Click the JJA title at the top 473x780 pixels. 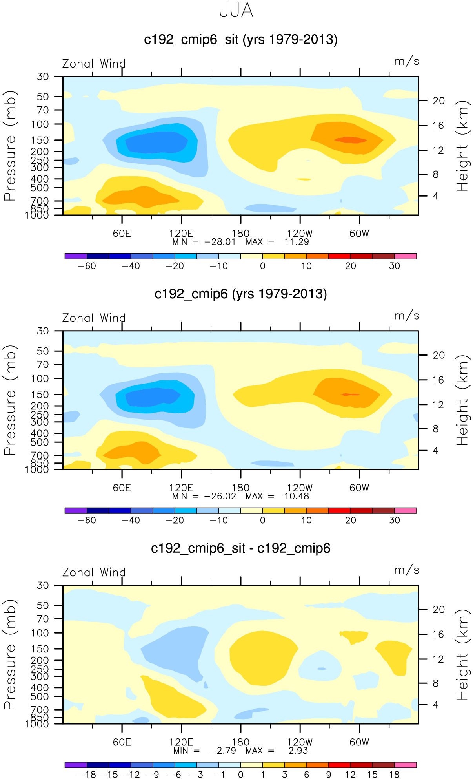[x=236, y=11]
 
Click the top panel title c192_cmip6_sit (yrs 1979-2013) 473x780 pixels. [x=240, y=40]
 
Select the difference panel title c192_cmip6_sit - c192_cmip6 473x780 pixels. [x=240, y=548]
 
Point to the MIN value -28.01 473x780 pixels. [x=220, y=242]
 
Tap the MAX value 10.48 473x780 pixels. [x=297, y=496]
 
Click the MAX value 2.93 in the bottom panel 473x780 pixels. [x=298, y=751]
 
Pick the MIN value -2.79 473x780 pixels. [x=223, y=751]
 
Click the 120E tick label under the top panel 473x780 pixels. [x=181, y=234]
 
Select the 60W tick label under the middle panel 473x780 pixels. [x=359, y=488]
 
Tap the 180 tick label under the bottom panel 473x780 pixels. [x=240, y=742]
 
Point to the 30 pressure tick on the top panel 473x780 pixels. [x=43, y=77]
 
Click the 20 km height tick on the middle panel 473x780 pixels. [x=438, y=355]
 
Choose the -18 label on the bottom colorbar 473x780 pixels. [x=87, y=775]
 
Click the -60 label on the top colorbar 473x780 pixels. [x=87, y=266]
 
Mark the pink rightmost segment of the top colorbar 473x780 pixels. [x=405, y=256]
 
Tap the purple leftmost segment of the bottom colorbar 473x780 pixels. [x=76, y=765]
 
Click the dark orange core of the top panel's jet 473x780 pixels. [x=350, y=140]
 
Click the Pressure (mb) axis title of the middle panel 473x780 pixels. [x=10, y=400]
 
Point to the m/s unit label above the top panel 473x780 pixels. [x=407, y=62]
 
